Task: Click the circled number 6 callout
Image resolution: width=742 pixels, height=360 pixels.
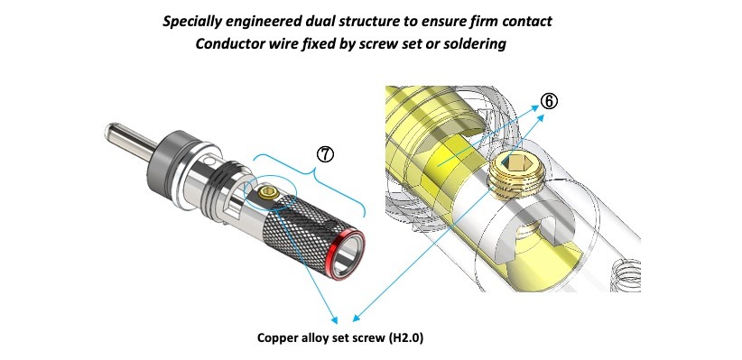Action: pyautogui.click(x=549, y=101)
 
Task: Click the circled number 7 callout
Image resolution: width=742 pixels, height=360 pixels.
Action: pyautogui.click(x=325, y=154)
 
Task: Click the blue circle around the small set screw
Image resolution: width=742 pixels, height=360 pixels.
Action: pyautogui.click(x=270, y=193)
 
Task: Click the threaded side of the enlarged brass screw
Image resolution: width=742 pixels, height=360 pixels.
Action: pyautogui.click(x=516, y=183)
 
